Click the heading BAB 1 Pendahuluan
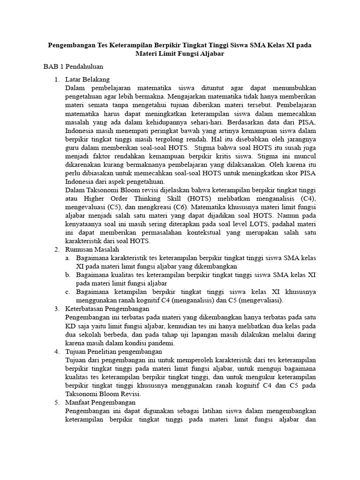[73, 67]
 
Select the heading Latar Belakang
[88, 79]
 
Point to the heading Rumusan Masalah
[92, 249]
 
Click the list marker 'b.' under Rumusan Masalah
[68, 275]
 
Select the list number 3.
[57, 309]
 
